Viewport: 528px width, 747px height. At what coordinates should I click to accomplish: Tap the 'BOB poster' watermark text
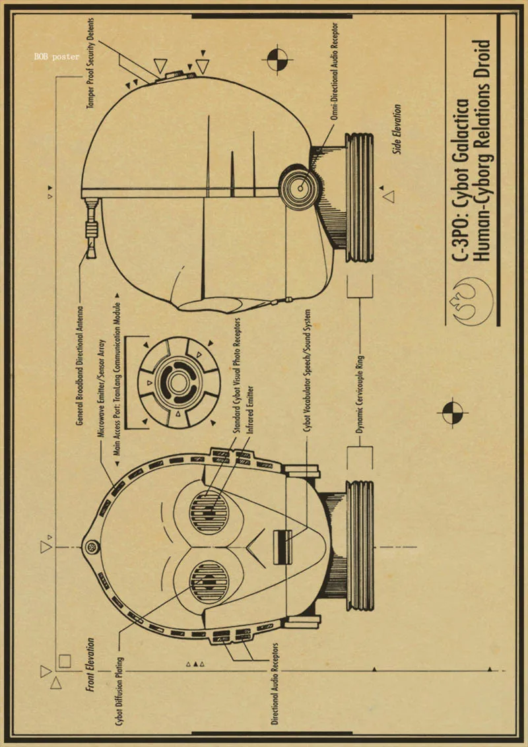coord(57,57)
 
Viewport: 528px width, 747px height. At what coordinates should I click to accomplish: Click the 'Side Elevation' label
coord(397,129)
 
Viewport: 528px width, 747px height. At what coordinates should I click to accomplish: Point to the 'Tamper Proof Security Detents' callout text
coord(90,54)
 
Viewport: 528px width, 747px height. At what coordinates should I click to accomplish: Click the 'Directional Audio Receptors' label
coord(275,693)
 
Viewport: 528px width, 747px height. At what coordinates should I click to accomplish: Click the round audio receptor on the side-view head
coord(299,187)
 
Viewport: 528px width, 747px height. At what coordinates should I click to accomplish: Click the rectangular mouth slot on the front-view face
coord(282,547)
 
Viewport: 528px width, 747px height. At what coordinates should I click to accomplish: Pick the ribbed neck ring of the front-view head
coord(360,546)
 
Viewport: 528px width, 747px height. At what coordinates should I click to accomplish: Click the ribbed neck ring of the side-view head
coord(360,198)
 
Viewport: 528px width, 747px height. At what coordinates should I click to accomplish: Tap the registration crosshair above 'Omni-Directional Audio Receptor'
coord(278,60)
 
